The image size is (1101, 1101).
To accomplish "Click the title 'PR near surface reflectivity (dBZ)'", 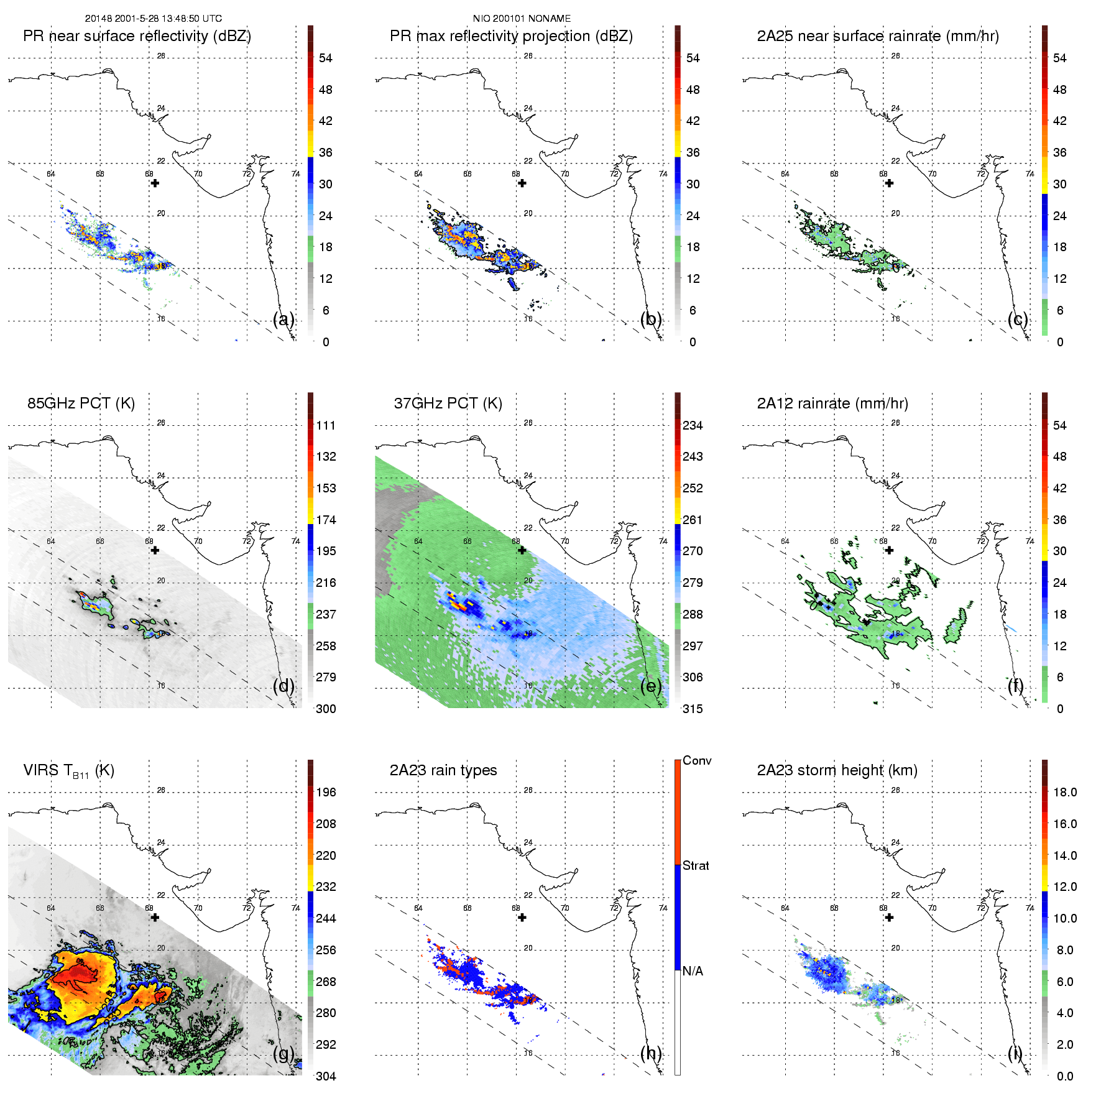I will click(137, 36).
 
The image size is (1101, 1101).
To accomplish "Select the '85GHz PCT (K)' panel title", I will click(81, 403).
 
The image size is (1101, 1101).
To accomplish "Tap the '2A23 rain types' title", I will click(443, 770).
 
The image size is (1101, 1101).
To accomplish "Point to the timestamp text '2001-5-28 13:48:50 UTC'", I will click(168, 19).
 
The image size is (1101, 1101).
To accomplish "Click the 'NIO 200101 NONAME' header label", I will click(522, 19).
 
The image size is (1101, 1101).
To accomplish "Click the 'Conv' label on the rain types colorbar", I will click(697, 760).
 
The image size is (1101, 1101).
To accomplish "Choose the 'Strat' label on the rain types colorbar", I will click(696, 865).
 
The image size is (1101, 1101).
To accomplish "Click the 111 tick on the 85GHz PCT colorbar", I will click(326, 425).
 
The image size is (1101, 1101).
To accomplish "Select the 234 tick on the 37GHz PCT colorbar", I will click(693, 425).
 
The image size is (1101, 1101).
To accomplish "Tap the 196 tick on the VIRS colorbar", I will click(326, 792).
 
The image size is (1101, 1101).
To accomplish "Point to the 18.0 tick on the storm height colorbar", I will click(1065, 792).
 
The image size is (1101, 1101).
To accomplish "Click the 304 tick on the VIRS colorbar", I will click(326, 1076).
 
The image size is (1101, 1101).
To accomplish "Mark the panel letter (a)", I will click(283, 320).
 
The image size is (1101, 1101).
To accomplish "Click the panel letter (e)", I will click(651, 686).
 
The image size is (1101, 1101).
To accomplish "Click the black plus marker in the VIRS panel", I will click(155, 917).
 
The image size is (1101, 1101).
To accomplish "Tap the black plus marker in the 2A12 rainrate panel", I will click(889, 550).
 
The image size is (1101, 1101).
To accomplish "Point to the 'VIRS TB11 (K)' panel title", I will click(68, 771).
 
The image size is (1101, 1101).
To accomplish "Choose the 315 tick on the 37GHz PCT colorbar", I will click(693, 709).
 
